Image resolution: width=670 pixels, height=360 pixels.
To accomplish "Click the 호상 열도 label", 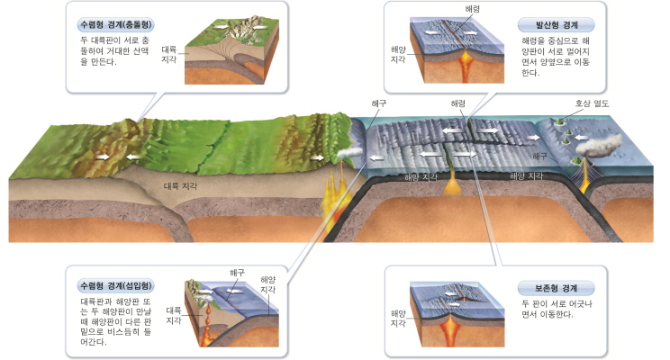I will (593, 103).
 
